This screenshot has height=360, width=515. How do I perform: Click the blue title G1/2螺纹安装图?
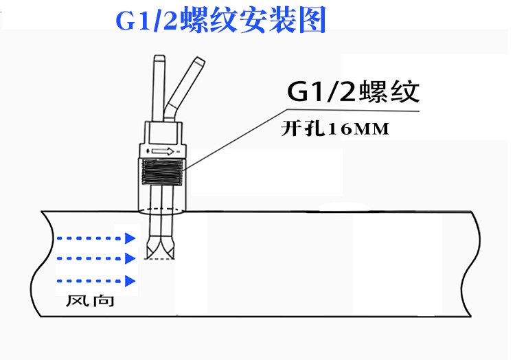tap(220, 21)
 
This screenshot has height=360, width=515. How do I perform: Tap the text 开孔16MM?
tap(336, 128)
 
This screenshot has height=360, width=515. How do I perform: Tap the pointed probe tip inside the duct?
tap(163, 248)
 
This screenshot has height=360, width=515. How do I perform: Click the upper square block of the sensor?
tap(162, 133)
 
